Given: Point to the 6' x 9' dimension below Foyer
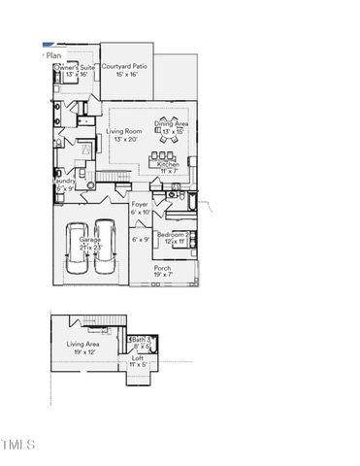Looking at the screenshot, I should click(142, 239).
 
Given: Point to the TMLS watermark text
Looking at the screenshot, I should click(18, 445).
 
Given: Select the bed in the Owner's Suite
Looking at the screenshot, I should click(68, 85).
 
